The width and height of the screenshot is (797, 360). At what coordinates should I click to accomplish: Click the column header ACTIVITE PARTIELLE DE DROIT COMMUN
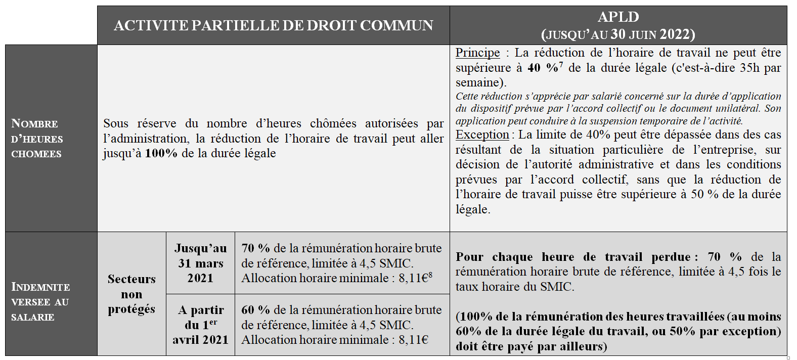point(273,25)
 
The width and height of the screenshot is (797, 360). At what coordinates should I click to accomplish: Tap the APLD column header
point(618,25)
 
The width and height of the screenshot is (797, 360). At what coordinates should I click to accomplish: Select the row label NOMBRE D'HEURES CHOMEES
point(37,139)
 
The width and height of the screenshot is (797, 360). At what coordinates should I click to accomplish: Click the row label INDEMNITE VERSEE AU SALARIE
point(40,301)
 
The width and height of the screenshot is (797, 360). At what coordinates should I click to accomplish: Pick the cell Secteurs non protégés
point(131,294)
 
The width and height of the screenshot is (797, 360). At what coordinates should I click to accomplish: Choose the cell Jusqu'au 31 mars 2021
point(200,263)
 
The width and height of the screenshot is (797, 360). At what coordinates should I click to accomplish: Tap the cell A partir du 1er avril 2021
point(200,325)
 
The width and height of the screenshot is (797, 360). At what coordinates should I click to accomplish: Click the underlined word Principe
point(477,53)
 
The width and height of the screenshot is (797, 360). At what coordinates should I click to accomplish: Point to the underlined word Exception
point(482,134)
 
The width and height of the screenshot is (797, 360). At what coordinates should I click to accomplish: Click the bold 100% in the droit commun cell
point(161,153)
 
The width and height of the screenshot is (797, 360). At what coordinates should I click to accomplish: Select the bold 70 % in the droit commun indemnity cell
point(255,248)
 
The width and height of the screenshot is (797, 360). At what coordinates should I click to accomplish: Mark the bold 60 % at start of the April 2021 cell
point(255,310)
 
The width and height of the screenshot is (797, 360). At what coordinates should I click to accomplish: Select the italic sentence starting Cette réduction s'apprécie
point(618,108)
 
